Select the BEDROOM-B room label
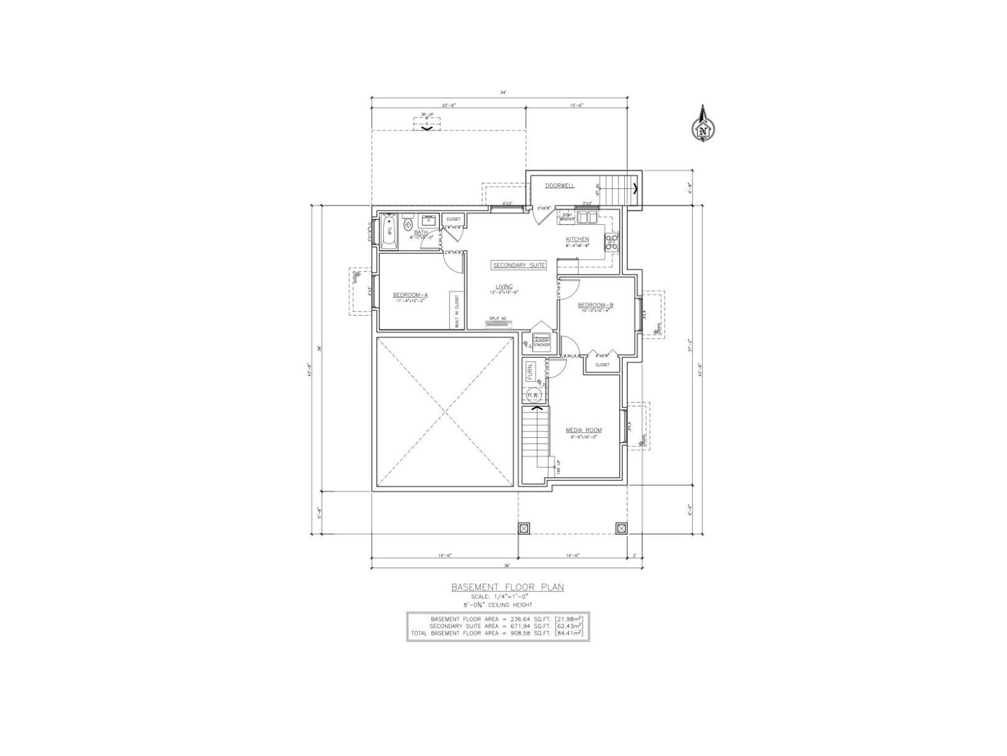[x=595, y=305]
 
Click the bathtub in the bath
[x=388, y=232]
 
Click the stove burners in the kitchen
[x=612, y=242]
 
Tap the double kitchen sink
[x=588, y=217]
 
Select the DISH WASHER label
[x=566, y=217]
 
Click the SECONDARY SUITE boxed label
[x=519, y=265]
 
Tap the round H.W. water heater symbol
[x=532, y=395]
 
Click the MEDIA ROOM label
[x=583, y=430]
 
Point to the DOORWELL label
[x=560, y=186]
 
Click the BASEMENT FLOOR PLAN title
[x=507, y=587]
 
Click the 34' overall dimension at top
[x=503, y=93]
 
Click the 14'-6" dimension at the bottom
[x=572, y=555]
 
